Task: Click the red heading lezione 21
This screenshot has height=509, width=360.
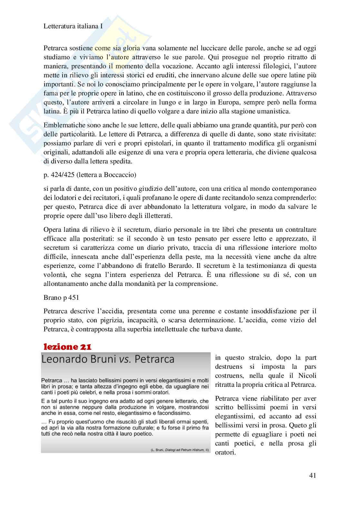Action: pos(67,347)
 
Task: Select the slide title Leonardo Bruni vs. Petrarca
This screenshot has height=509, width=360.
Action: pos(108,359)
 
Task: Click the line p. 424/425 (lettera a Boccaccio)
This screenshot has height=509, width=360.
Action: pos(90,175)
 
